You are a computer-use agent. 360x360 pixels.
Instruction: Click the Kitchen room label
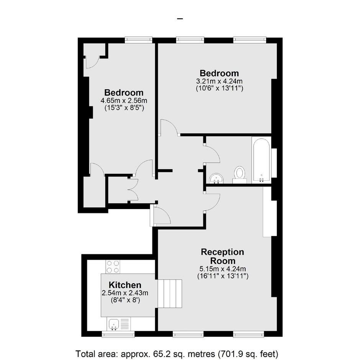tap(125, 285)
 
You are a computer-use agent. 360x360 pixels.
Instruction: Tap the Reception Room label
tap(223, 256)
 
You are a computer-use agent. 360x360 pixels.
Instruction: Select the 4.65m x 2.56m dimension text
tap(124, 100)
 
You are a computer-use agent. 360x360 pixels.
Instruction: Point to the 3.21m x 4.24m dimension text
tap(219, 81)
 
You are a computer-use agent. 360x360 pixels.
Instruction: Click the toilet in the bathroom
tap(240, 175)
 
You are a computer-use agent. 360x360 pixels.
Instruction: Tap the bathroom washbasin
tap(216, 178)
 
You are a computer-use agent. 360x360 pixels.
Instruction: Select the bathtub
tap(262, 160)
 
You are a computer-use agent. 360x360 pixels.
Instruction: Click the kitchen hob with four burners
tap(113, 267)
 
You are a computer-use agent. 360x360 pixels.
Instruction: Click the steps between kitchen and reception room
tap(170, 294)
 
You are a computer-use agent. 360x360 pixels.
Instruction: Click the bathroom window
tap(274, 163)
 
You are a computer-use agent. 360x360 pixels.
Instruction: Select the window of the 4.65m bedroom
tap(139, 40)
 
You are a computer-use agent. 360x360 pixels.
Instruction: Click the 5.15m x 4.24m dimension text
tap(223, 268)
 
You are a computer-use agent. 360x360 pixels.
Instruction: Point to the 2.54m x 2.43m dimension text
tap(125, 293)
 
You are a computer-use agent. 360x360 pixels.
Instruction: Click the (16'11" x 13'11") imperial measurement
tap(223, 276)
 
